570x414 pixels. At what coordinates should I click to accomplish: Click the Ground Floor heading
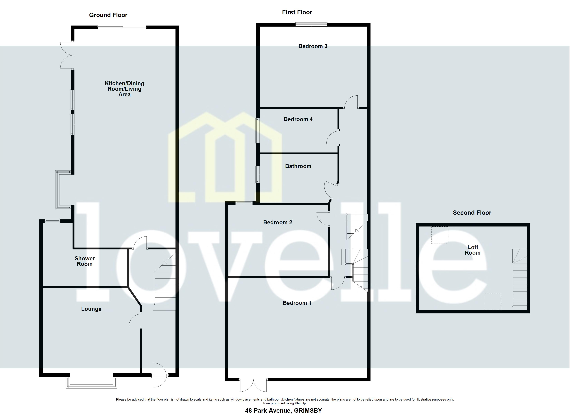(108, 15)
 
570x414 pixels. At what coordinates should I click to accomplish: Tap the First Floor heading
(297, 12)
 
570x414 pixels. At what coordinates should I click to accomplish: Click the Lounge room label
(91, 309)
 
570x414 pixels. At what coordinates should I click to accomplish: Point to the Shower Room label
(85, 261)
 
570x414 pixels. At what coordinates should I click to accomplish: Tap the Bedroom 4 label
(298, 119)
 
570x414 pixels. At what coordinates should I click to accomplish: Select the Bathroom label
(298, 166)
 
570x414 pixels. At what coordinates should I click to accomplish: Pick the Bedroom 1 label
(297, 303)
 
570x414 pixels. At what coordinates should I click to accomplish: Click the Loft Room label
(472, 250)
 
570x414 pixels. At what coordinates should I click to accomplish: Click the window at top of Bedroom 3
(311, 24)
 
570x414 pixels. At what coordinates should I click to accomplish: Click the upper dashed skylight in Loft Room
(440, 235)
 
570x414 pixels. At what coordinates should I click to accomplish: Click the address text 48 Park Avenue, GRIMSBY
(283, 411)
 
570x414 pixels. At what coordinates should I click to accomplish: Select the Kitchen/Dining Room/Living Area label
(124, 89)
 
